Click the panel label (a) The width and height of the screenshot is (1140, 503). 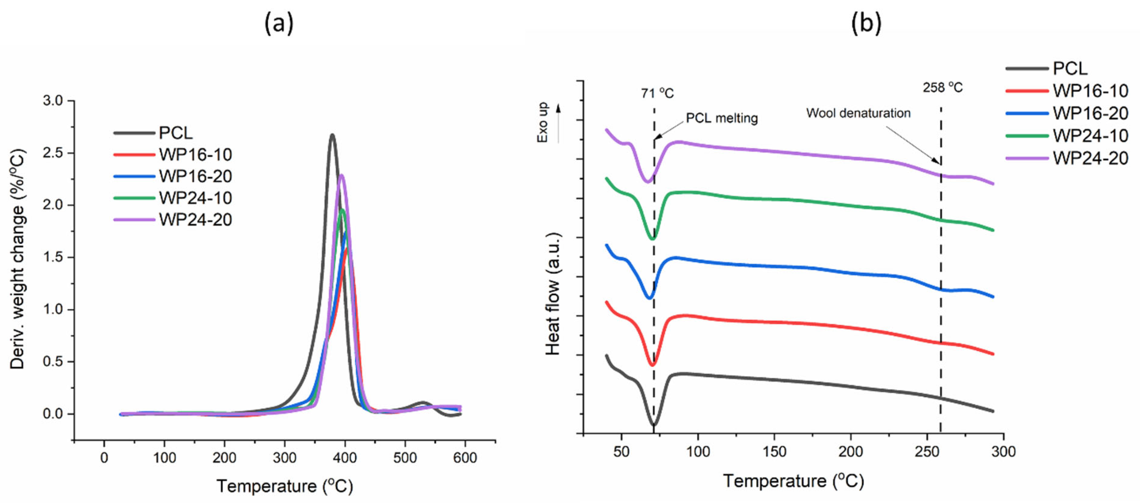click(279, 23)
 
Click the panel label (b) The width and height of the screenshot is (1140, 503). click(866, 23)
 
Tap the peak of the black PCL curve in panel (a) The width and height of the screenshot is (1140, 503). click(332, 135)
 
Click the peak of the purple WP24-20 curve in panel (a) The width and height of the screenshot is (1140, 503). click(341, 176)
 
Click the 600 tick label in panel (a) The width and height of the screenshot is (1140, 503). click(465, 457)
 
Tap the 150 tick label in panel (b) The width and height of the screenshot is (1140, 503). click(774, 452)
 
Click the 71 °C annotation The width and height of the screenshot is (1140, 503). click(657, 94)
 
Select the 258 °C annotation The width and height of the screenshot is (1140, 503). click(943, 88)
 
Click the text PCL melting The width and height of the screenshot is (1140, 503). click(722, 118)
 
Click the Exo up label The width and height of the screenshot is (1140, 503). click(543, 123)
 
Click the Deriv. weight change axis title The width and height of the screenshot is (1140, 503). click(18, 259)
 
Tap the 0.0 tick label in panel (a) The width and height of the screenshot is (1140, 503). click(53, 414)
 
